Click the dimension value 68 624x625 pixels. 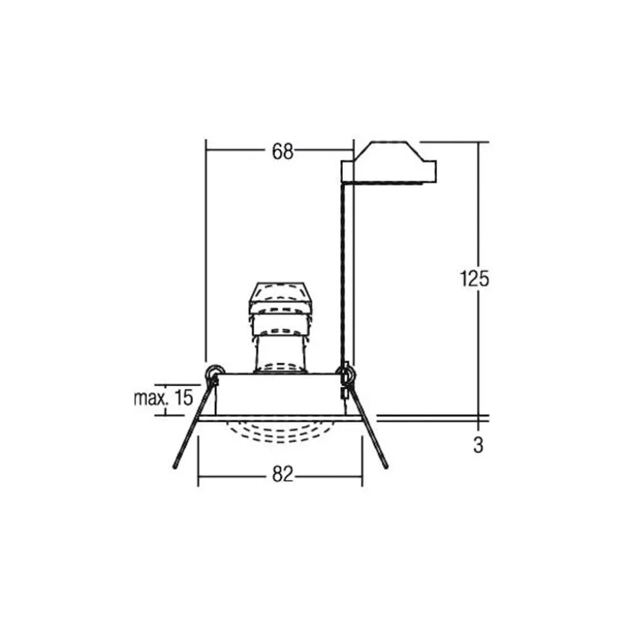[282, 151]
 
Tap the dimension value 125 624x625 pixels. [475, 279]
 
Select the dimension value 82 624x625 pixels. [282, 475]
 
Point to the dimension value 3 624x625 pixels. [477, 445]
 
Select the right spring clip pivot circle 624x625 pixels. [345, 373]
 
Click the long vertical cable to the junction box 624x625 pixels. [347, 270]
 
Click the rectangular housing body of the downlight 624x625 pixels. [280, 394]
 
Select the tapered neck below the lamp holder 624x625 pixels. [280, 351]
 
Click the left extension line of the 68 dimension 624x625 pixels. [205, 257]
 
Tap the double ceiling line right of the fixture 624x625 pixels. [431, 418]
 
